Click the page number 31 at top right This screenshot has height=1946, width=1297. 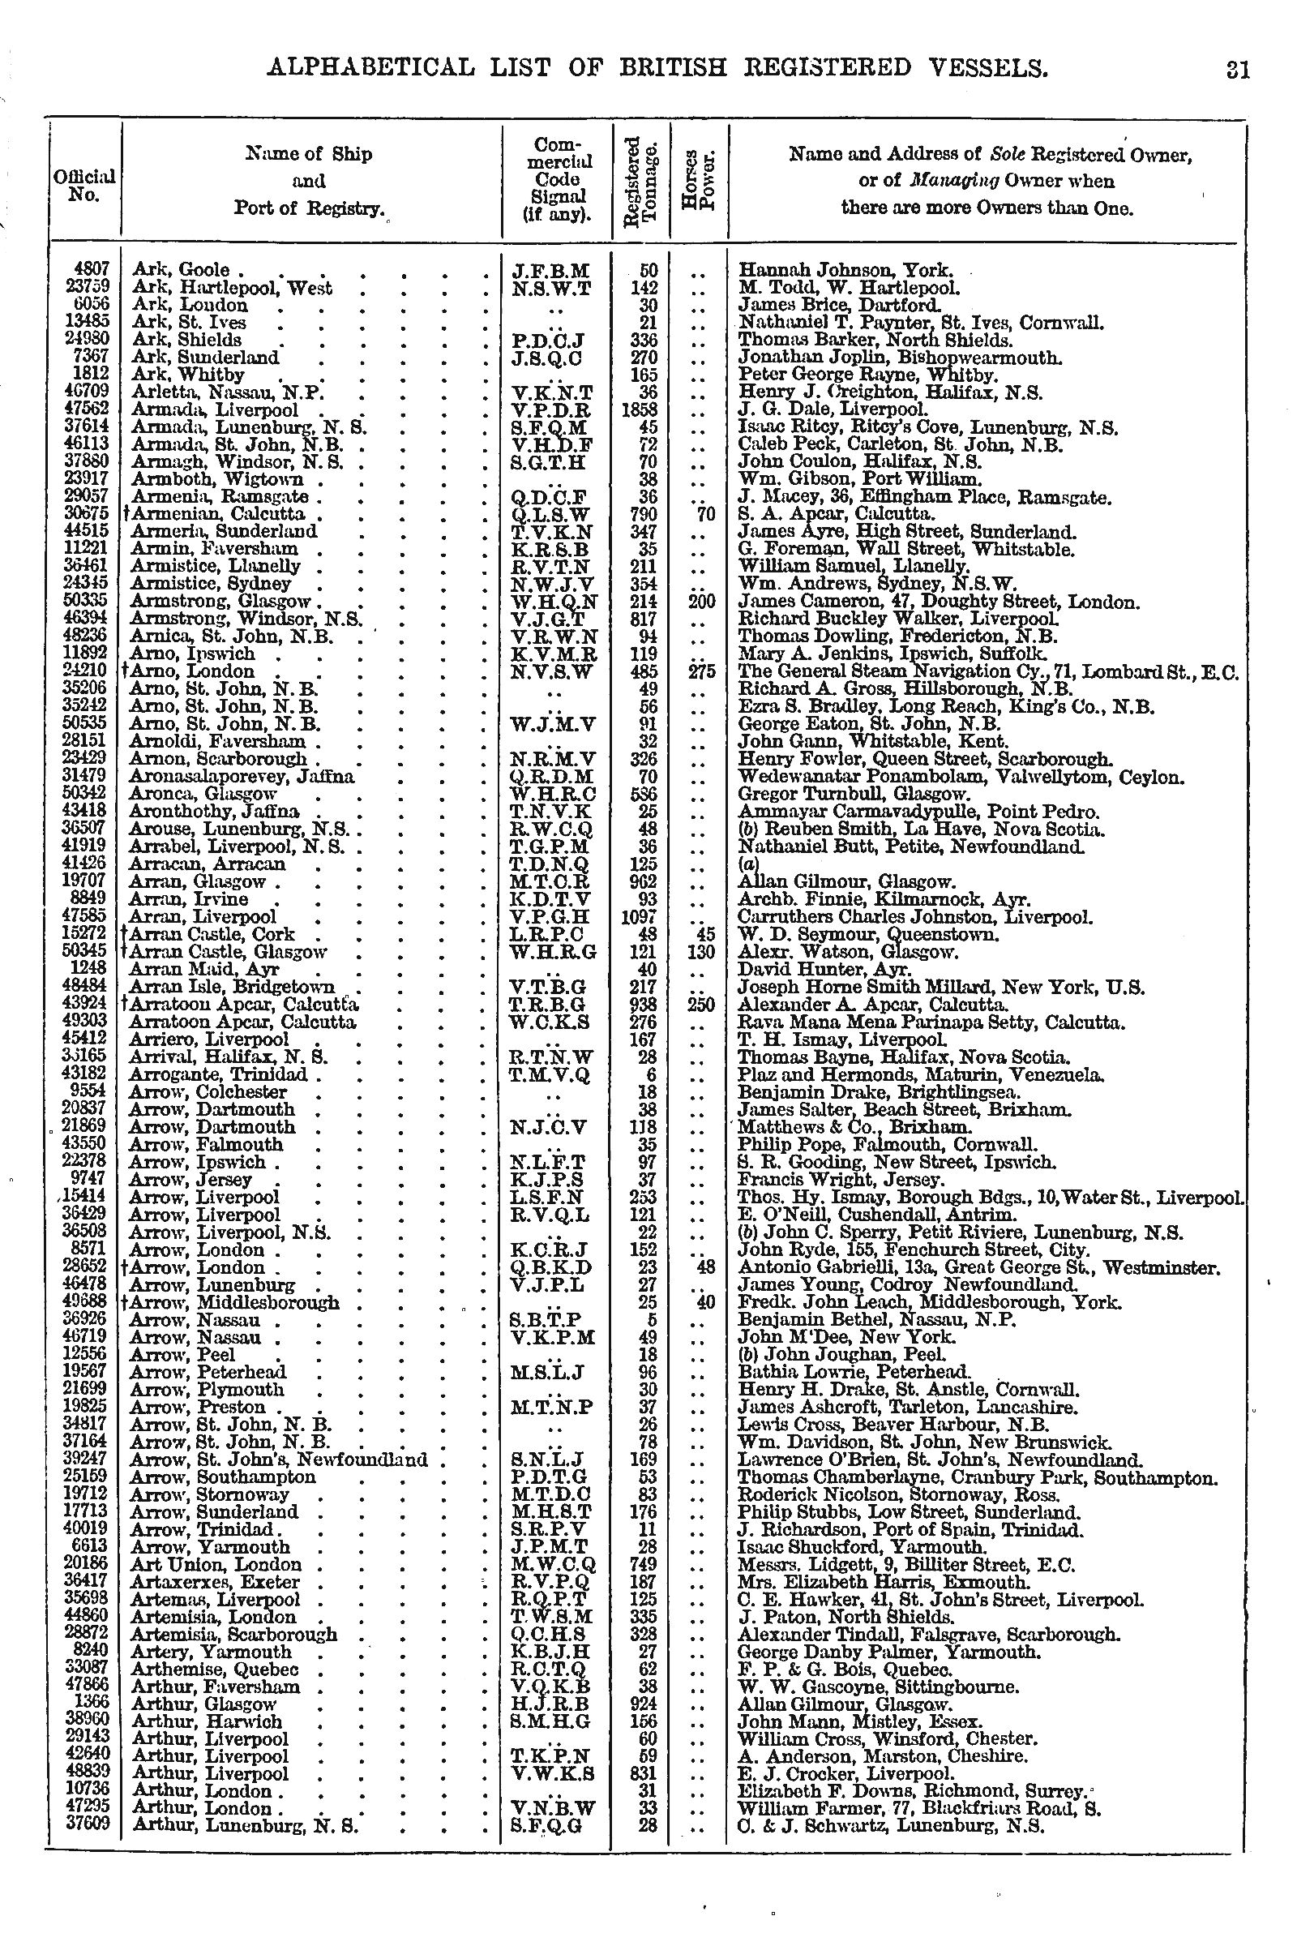1238,69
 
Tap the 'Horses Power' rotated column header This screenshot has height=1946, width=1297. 698,180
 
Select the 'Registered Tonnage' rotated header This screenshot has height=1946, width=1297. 641,180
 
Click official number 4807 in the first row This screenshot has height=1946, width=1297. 92,270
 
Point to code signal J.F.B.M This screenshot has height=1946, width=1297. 550,271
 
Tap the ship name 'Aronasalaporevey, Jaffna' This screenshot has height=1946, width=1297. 242,777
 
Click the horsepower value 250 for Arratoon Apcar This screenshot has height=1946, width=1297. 700,1005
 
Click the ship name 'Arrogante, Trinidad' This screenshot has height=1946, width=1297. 218,1075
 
